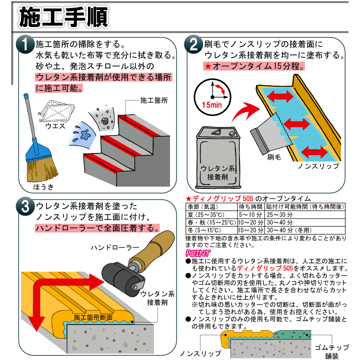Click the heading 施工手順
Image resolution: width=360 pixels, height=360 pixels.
(62, 16)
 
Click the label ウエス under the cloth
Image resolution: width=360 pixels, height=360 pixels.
(55, 126)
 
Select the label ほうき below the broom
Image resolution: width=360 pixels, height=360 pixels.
(43, 186)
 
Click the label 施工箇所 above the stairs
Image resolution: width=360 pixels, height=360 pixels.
(153, 100)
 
